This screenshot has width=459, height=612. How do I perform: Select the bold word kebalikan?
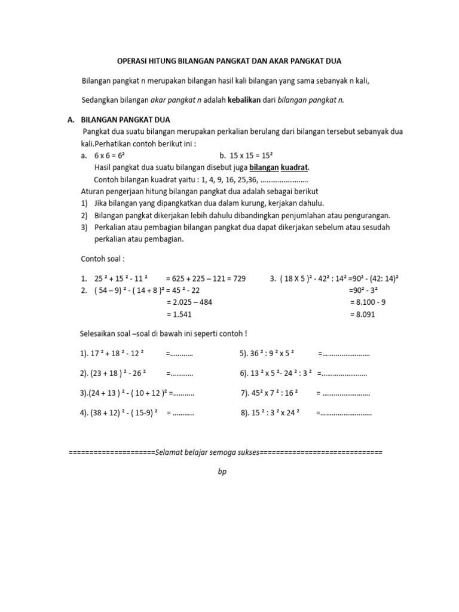(244, 100)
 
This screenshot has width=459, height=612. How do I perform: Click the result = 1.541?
(179, 314)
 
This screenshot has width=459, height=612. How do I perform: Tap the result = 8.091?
(362, 314)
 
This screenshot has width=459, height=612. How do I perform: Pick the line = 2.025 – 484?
(189, 302)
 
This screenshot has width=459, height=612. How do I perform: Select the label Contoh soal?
(103, 259)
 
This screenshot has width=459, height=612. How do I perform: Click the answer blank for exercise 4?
(183, 412)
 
